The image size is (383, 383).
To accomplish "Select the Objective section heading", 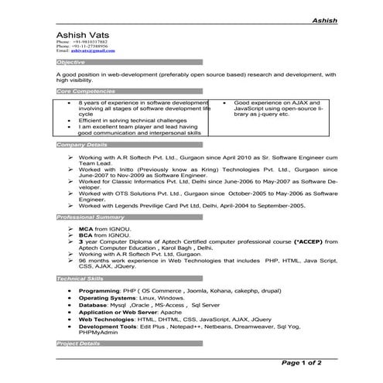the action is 71,60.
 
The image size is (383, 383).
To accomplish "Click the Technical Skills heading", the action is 80,278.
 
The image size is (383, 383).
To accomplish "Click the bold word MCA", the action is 86,230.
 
